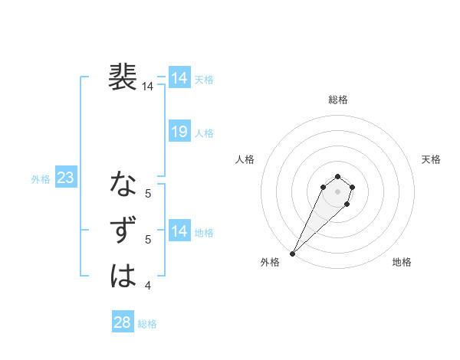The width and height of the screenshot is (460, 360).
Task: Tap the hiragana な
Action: point(123,185)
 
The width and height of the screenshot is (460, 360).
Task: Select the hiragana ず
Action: point(123,231)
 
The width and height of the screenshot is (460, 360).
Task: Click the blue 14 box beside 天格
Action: point(179,78)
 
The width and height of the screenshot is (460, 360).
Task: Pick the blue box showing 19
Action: point(179,132)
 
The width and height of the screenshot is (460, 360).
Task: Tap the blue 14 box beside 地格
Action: point(179,231)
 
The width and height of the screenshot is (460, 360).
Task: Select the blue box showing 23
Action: point(65,178)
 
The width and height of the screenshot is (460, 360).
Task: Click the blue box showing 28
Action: point(122,322)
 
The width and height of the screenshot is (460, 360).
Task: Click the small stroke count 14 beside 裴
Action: point(148,87)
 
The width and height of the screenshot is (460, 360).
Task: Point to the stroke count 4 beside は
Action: point(148,286)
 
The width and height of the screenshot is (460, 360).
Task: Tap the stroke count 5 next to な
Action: point(148,194)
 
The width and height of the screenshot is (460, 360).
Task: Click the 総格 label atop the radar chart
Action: point(337,100)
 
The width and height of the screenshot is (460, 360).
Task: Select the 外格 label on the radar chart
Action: point(270,263)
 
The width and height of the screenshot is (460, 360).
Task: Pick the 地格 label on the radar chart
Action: point(402,263)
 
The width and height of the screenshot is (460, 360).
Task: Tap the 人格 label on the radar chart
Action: point(245,159)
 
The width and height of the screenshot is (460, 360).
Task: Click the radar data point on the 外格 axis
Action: point(292,253)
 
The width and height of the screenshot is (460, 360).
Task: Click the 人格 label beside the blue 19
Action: point(204,133)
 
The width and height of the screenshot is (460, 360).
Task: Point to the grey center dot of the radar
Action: point(337,191)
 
